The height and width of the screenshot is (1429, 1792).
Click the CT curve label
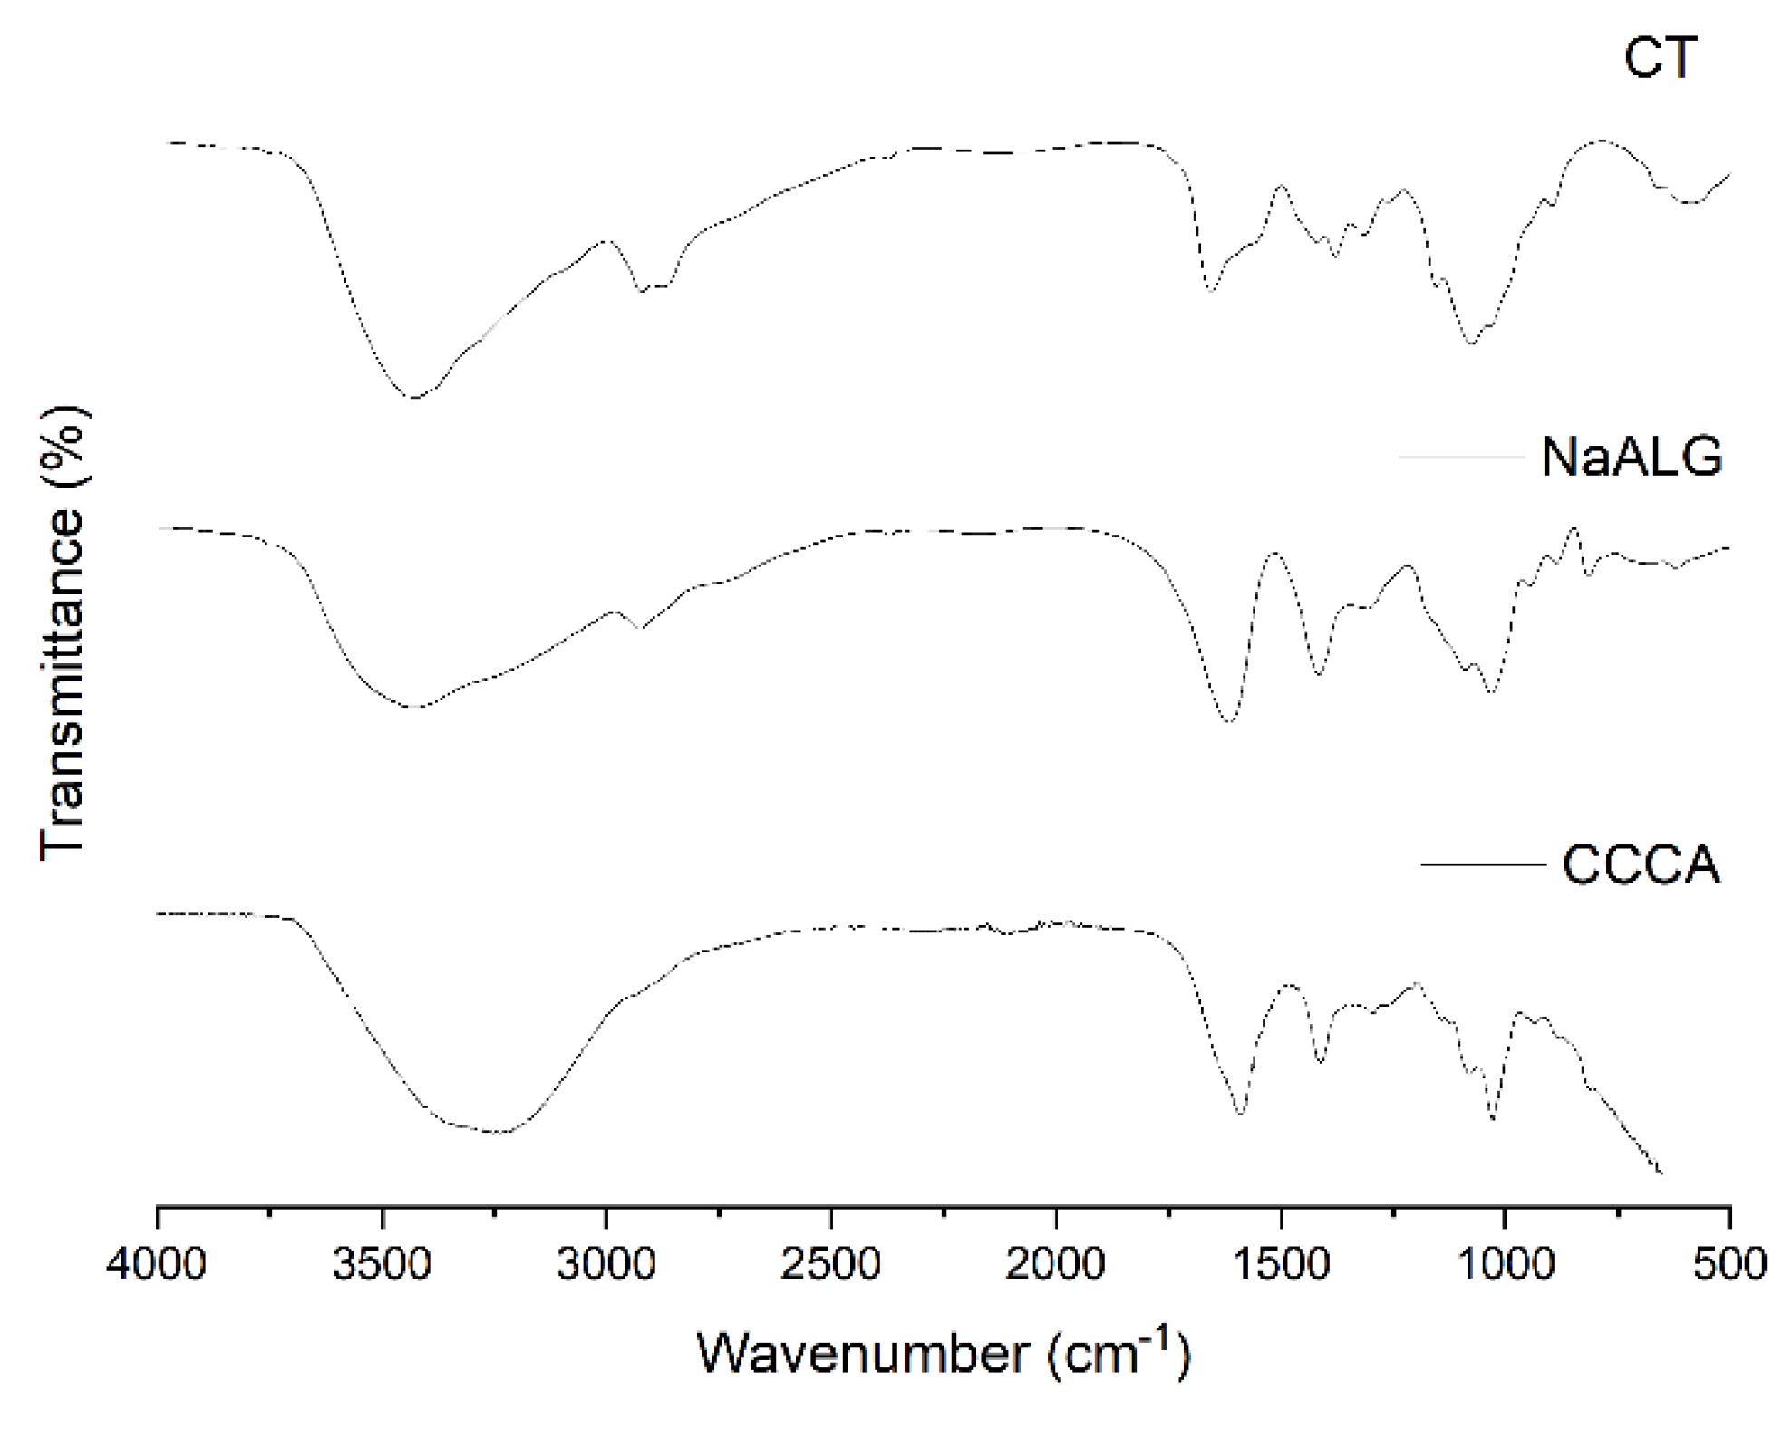[1660, 59]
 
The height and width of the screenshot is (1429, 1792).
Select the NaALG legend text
[1632, 457]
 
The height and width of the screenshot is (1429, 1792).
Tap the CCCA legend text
[1641, 865]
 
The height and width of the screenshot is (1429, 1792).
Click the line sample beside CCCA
[1483, 865]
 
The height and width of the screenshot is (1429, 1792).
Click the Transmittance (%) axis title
[63, 634]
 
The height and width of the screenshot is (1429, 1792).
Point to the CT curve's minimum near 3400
[414, 397]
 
